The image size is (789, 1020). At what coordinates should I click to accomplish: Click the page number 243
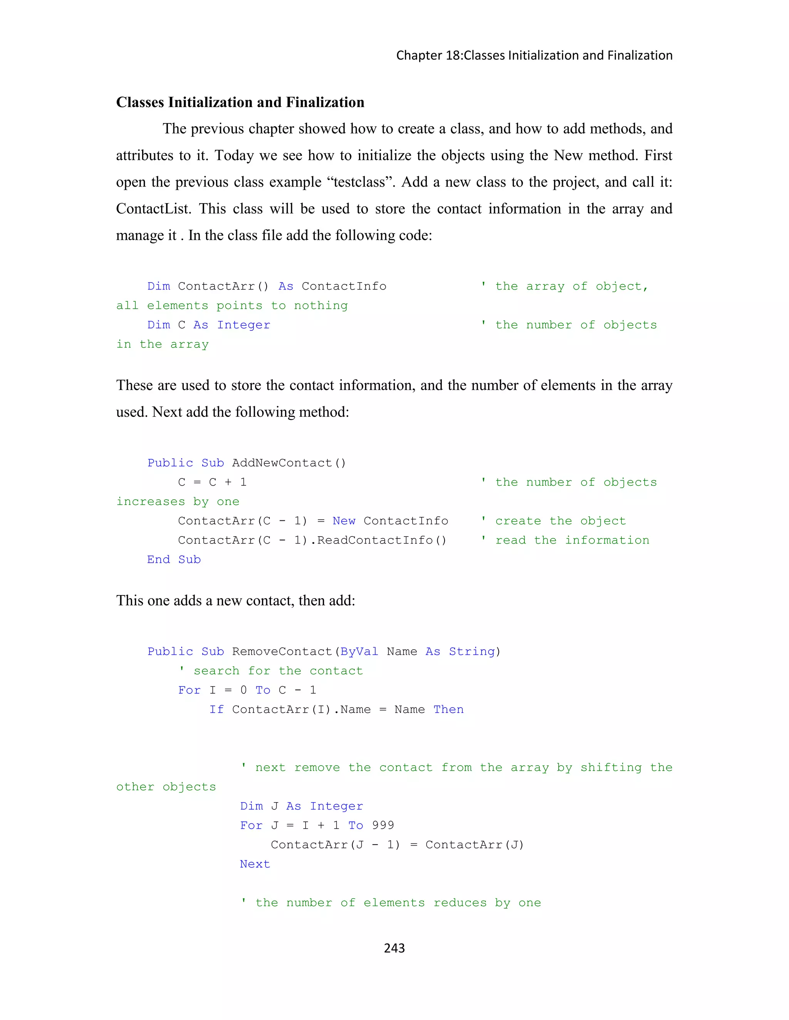pos(394,948)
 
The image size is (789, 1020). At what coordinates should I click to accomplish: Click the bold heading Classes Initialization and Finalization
pos(240,102)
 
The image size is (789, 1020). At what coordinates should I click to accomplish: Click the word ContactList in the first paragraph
pos(153,208)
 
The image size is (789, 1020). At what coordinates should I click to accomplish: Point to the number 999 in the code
pos(383,825)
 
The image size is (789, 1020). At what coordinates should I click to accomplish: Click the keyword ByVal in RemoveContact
pos(359,652)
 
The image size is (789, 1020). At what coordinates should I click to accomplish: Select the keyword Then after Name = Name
pos(448,709)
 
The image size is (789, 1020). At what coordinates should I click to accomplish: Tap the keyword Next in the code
pos(255,864)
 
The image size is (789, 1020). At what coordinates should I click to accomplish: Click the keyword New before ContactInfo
pos(344,521)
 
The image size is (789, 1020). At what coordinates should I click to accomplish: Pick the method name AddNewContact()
pos(289,463)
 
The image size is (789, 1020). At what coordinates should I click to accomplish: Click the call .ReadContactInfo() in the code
pos(381,540)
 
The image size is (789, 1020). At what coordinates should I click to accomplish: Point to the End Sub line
pos(173,560)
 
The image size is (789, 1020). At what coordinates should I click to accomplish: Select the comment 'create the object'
pos(560,521)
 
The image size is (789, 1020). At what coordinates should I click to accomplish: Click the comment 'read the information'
pos(572,540)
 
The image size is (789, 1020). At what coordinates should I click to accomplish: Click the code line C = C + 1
pos(212,482)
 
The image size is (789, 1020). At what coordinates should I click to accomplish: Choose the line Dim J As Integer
pos(301,806)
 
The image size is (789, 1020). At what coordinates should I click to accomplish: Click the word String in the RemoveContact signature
pos(471,652)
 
